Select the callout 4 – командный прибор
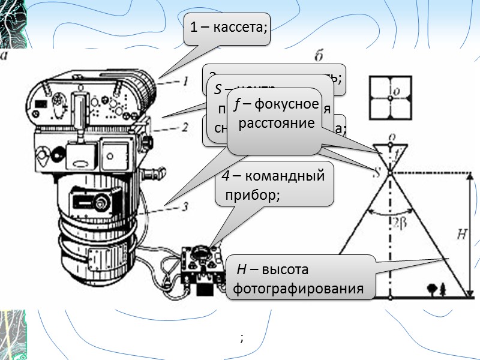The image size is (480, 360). point(274,185)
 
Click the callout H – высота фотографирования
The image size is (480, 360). point(300,278)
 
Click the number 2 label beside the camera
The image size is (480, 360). point(185,127)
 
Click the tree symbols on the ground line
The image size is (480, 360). point(436,289)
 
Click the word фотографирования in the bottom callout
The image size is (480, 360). point(298,288)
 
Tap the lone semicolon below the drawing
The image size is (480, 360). point(241,338)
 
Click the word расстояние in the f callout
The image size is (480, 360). point(277,124)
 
